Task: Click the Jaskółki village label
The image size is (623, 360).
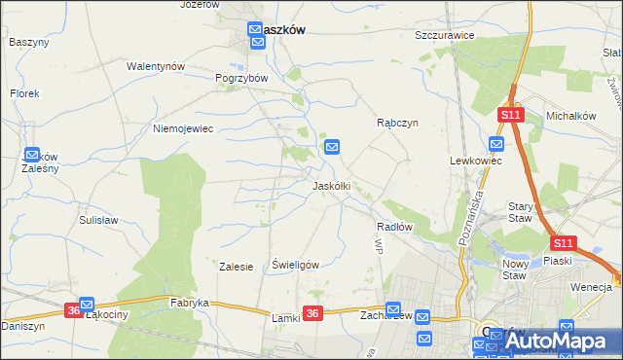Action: point(331,185)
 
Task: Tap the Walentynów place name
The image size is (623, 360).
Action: point(156,66)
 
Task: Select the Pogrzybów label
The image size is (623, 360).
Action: point(241,77)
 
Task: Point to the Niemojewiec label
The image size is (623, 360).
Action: point(183,127)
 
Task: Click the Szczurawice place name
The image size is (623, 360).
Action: point(444,35)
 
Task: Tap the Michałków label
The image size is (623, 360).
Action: point(570,116)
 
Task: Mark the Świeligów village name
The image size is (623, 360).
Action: point(296,264)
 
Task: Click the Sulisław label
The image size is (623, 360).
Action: point(98,220)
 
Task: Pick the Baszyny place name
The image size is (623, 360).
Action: point(28,42)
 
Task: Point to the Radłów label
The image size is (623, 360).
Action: point(395,226)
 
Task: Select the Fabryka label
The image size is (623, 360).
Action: point(190,303)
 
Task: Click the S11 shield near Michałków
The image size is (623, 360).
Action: point(512,115)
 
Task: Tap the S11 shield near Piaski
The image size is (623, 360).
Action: point(563,243)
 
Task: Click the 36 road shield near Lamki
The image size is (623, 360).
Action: point(311,312)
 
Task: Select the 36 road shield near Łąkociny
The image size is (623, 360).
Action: point(74,310)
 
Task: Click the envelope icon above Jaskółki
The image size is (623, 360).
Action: point(332,147)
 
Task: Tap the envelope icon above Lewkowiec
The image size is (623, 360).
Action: point(496,144)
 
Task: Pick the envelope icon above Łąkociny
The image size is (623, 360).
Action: point(87,304)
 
